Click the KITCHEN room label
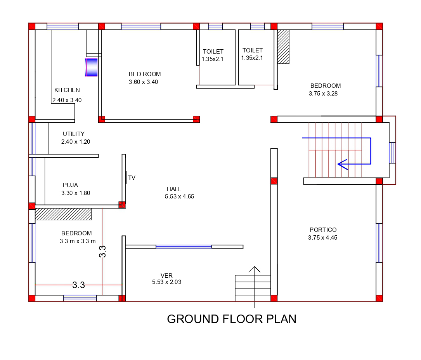tap(67, 90)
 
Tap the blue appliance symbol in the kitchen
tap(91, 67)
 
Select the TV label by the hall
tap(132, 178)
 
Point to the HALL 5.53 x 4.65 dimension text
tap(179, 197)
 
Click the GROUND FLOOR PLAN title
tap(232, 319)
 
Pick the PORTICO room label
tap(323, 230)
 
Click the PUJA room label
tap(70, 185)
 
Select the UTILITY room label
tap(74, 134)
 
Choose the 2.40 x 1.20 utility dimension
tap(76, 142)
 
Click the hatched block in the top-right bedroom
tap(283, 47)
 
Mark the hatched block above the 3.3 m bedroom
tap(63, 214)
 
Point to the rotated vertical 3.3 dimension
tap(102, 252)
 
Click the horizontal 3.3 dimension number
tap(78, 285)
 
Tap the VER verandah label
tap(166, 276)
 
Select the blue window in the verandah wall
tap(184, 247)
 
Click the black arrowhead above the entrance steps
tap(254, 269)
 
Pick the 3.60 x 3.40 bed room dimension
tap(144, 82)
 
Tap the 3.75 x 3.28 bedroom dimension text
tap(323, 94)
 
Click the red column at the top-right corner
tap(379, 26)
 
